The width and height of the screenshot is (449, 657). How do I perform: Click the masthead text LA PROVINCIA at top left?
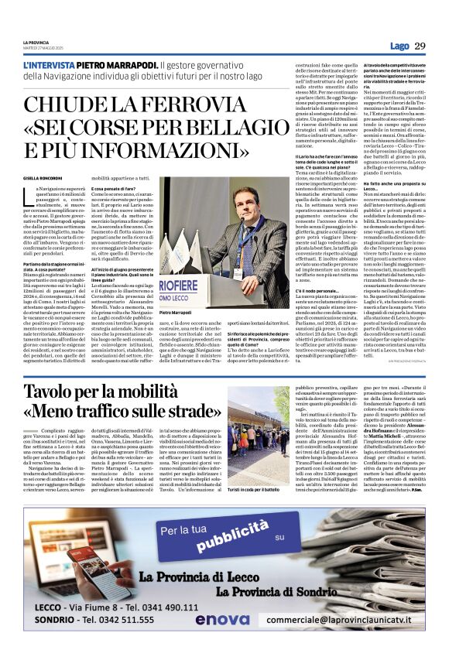[35, 42]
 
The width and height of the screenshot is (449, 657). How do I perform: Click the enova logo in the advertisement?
[221, 620]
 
